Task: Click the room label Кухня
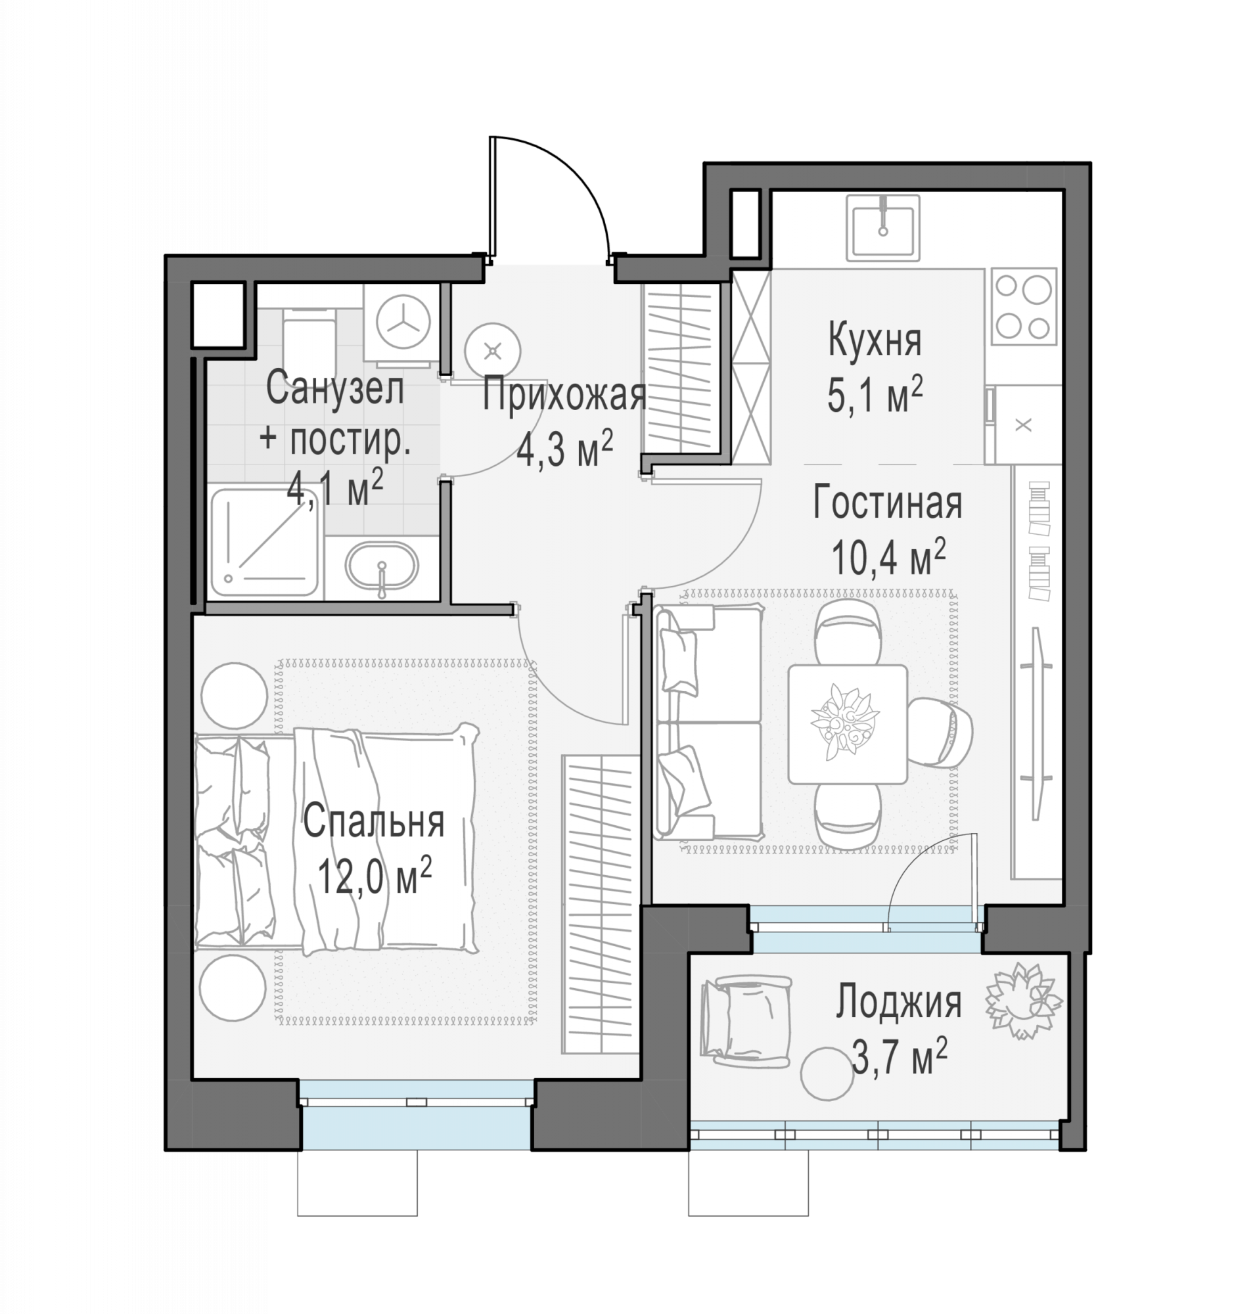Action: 875,340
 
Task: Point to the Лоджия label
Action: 898,1002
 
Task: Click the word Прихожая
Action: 564,396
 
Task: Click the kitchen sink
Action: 882,227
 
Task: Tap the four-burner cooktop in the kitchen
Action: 1024,306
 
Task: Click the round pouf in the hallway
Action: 493,350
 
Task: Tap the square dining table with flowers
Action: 848,724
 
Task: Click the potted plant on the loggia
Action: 1024,1001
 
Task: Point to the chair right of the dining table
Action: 942,733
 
